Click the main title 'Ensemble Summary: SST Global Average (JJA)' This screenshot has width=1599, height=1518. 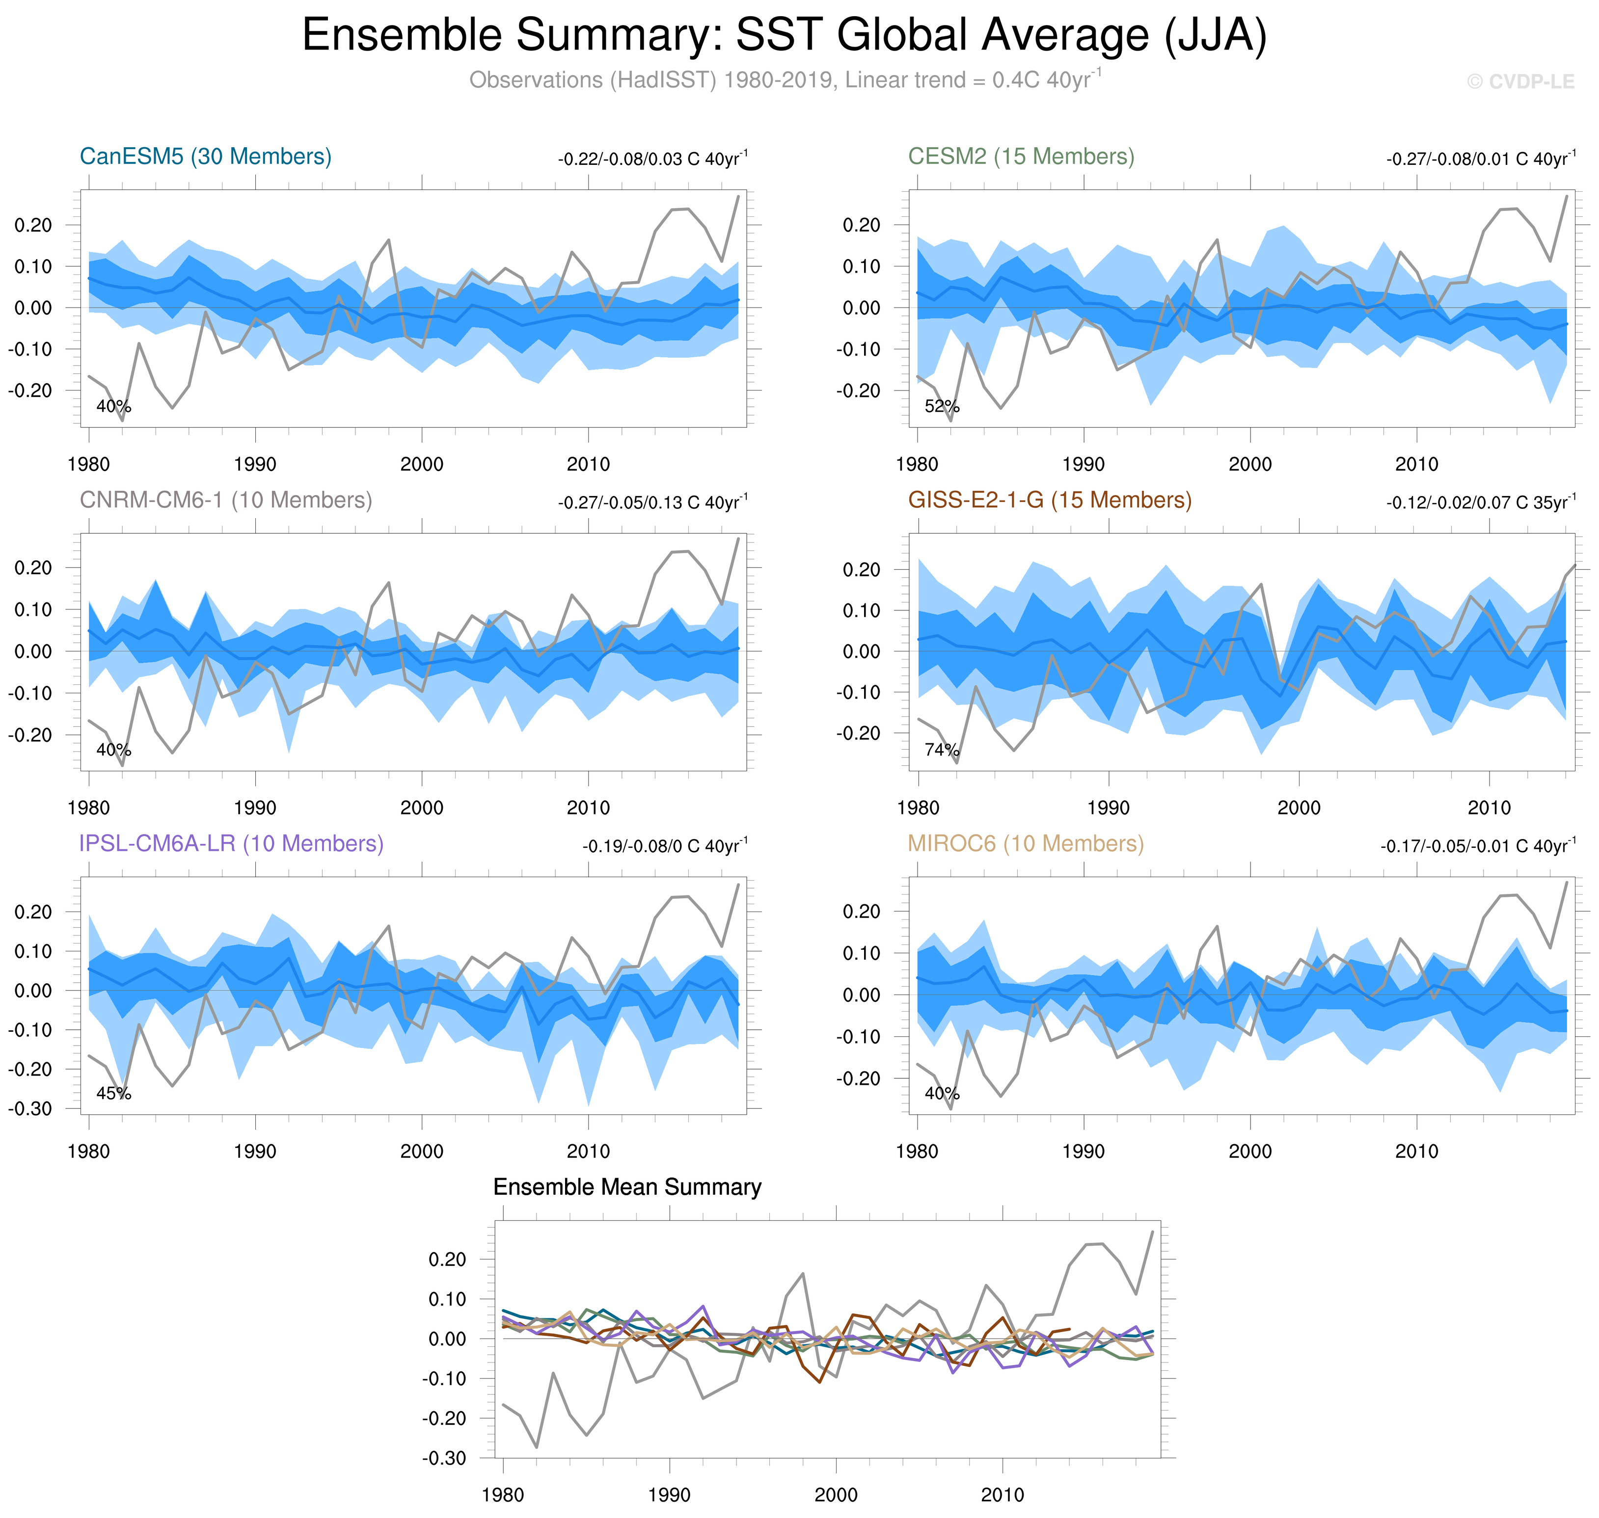(784, 36)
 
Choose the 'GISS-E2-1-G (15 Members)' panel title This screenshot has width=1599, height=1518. (1049, 500)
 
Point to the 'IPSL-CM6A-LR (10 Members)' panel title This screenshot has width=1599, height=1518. (231, 843)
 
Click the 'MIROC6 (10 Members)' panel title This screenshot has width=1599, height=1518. (1025, 843)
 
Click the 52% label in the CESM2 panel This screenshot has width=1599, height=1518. (942, 406)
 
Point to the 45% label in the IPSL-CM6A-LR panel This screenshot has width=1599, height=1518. (113, 1093)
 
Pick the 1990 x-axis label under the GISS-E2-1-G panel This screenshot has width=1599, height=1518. (1109, 808)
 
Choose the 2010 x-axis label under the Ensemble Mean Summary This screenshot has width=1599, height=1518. (1003, 1494)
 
